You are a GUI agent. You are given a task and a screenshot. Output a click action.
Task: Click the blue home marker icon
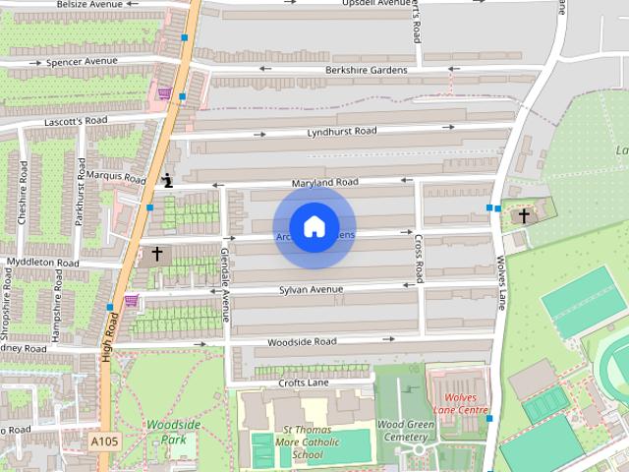click(314, 227)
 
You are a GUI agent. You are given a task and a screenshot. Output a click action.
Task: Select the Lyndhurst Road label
click(341, 131)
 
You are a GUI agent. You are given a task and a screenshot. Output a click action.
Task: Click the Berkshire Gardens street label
click(366, 70)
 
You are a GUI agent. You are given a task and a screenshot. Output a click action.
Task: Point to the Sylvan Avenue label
click(311, 289)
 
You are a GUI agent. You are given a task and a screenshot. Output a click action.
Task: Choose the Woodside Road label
click(303, 341)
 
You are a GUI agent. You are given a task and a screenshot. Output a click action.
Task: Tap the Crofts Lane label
click(302, 383)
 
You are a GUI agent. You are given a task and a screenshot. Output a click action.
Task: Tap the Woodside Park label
click(173, 431)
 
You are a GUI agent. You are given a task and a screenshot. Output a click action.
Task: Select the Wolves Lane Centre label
click(460, 402)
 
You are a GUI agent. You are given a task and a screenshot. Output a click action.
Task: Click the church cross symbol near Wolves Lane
click(524, 214)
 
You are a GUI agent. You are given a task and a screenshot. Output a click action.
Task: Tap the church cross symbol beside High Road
click(156, 254)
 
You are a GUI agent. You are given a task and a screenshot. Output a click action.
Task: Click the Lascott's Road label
click(75, 121)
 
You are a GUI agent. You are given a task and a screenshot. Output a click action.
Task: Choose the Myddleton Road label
click(41, 263)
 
